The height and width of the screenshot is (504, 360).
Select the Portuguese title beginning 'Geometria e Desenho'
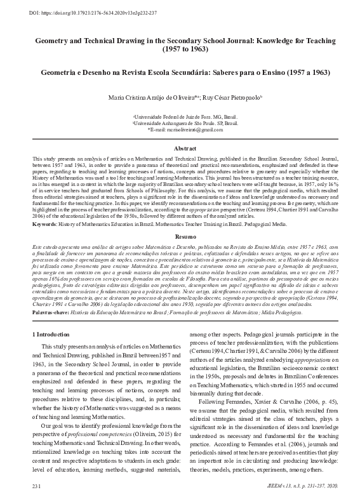(x=180, y=73)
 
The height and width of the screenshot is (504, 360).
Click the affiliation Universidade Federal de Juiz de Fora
(x=180, y=117)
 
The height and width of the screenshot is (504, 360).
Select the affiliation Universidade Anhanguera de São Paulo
(x=180, y=123)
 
